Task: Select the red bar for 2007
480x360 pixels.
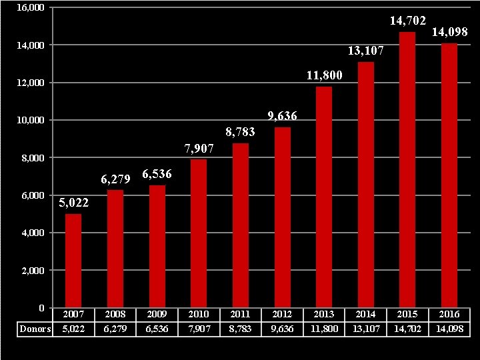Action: [x=73, y=260]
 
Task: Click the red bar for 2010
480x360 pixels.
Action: [x=199, y=233]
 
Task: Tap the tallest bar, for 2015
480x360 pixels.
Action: [x=407, y=170]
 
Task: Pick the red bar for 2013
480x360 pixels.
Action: [x=324, y=197]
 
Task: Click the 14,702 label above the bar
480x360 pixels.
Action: [x=407, y=21]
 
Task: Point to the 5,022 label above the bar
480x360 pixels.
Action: [x=73, y=203]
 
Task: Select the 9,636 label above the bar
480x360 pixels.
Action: [x=282, y=116]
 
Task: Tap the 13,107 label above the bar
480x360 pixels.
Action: [x=365, y=51]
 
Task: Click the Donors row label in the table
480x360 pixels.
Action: [x=35, y=329]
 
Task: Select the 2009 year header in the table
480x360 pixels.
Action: [x=157, y=314]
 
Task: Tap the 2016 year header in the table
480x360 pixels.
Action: [x=449, y=314]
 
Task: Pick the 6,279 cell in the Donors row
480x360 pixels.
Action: [x=115, y=329]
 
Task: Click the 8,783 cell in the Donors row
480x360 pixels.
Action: [x=240, y=329]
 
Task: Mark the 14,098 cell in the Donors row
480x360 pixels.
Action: [x=449, y=329]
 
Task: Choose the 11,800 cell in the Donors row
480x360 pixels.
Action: [x=324, y=329]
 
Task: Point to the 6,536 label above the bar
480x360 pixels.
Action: [x=157, y=175]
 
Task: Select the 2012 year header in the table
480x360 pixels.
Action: [x=282, y=314]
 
